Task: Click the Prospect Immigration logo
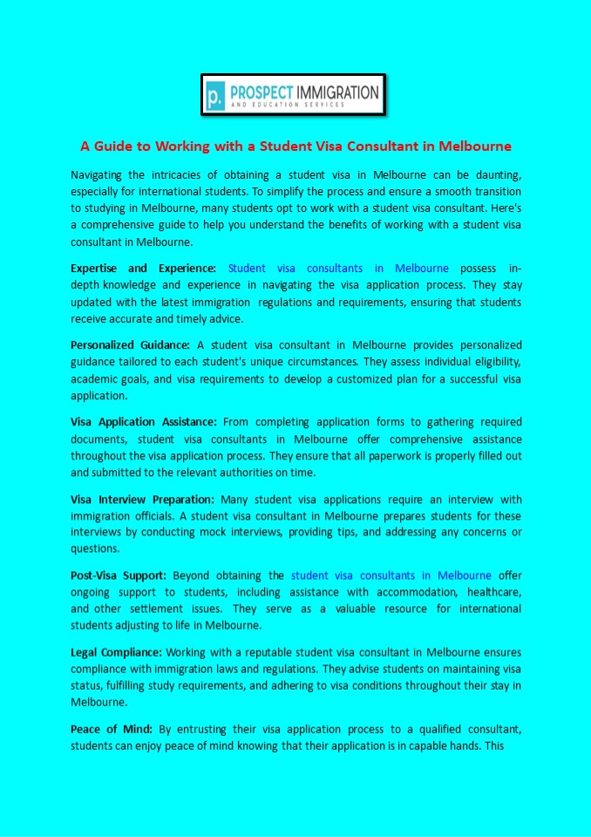[293, 95]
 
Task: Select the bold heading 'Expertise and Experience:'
[143, 268]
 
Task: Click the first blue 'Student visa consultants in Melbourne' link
[338, 268]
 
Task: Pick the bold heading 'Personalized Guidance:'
[130, 344]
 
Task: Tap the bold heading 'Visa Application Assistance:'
[143, 421]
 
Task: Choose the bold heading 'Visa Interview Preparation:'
[142, 499]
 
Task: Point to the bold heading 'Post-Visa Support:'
[119, 575]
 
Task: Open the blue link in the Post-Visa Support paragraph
[391, 575]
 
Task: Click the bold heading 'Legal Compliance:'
[116, 651]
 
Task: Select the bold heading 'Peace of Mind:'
[112, 728]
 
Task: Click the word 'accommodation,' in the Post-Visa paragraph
[403, 592]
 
